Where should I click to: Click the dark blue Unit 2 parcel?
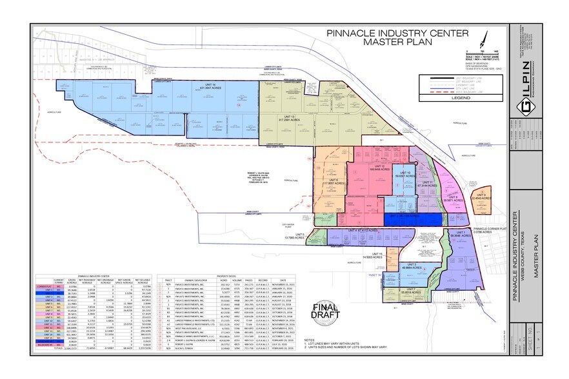point(413,219)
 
